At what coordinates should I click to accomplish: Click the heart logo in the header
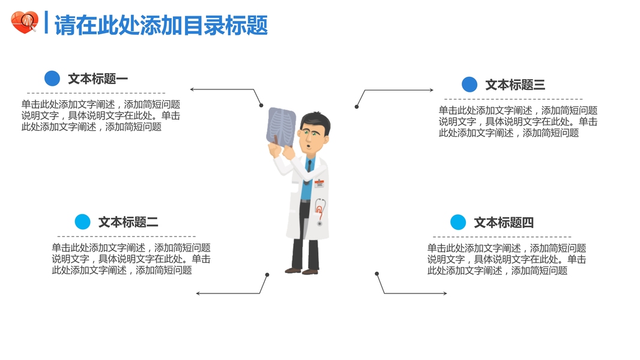coord(24,23)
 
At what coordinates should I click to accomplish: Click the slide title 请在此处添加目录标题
coord(161,25)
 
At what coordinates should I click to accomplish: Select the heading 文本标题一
coord(98,79)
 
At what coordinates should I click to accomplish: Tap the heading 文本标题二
coord(128,222)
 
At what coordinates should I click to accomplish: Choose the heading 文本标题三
coord(515,85)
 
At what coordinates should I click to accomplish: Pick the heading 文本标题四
coord(504,223)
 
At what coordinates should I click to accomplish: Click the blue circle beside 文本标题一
coord(52,79)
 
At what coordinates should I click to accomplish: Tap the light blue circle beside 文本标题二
coord(82,222)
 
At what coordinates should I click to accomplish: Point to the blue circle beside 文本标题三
coord(469,85)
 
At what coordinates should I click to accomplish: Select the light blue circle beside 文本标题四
coord(458,223)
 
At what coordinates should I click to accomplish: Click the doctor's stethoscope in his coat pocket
coord(320,211)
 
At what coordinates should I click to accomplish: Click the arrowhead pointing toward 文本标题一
coord(193,89)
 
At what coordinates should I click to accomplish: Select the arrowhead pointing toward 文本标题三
coord(430,91)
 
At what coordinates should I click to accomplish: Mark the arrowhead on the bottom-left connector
coord(199,293)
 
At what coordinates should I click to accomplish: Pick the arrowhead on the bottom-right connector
coord(444,293)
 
